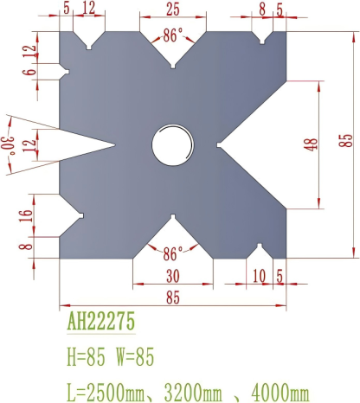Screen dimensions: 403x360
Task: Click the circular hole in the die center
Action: pyautogui.click(x=173, y=144)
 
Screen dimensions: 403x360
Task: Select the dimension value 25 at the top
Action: pyautogui.click(x=172, y=10)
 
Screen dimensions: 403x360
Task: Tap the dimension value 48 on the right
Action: pyautogui.click(x=311, y=144)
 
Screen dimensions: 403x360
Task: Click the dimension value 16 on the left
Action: pyautogui.click(x=25, y=215)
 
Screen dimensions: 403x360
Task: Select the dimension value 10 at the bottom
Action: pyautogui.click(x=261, y=277)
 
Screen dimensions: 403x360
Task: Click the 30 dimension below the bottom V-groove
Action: pyautogui.click(x=172, y=277)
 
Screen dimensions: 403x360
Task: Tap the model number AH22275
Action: pyautogui.click(x=100, y=323)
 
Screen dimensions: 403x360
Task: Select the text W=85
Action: pyautogui.click(x=136, y=355)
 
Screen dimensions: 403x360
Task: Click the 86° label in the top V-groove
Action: pyautogui.click(x=173, y=36)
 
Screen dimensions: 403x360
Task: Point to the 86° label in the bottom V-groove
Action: pyautogui.click(x=173, y=253)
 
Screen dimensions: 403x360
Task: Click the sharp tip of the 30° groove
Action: pyautogui.click(x=116, y=144)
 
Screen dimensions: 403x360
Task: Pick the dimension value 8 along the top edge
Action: pyautogui.click(x=262, y=10)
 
